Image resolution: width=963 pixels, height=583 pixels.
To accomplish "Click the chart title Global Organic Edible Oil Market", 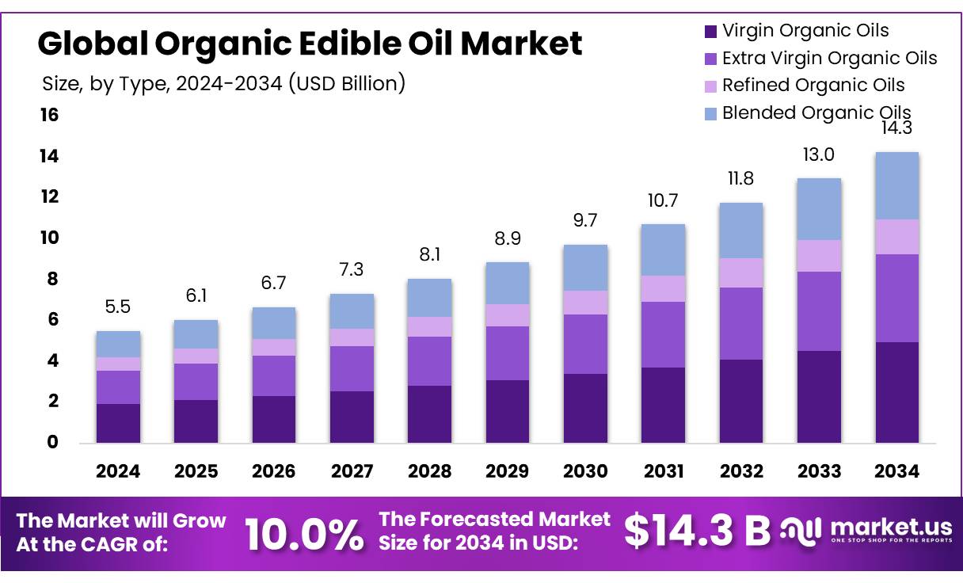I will pos(310,44).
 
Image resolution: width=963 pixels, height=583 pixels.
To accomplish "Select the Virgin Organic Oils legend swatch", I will pos(710,32).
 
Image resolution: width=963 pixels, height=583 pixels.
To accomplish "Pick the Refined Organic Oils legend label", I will pos(813,86).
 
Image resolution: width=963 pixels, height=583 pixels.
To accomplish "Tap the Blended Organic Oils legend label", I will pos(816,113).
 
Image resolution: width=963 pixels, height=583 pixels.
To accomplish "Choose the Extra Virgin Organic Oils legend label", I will pos(830,59).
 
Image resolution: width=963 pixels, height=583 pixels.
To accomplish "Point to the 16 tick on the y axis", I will pos(49,116).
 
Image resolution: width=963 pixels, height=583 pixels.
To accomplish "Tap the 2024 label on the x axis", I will pos(118,471).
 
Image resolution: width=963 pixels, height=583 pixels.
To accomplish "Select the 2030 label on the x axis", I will pos(585,471).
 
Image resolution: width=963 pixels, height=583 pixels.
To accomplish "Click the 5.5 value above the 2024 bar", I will pos(118,307).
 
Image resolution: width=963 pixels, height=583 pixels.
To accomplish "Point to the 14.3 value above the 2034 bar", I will pos(897,128).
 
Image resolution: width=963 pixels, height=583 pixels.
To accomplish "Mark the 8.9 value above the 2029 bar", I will pos(508,238).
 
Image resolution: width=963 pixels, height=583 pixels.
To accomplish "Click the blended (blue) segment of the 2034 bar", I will pos(897,185).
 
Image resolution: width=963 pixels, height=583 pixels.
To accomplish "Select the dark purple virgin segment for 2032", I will pos(741,401).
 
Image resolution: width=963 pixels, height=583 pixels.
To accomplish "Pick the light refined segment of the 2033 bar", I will pos(819,256).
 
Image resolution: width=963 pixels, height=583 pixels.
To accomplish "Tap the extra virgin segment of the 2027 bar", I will pos(352,368).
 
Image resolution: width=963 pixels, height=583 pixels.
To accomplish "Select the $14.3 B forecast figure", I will pos(697,531).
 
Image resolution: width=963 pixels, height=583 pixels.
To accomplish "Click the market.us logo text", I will pos(889,527).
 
